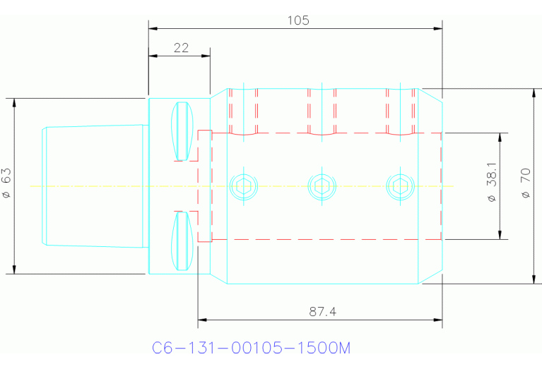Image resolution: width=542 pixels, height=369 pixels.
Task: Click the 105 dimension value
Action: (x=297, y=20)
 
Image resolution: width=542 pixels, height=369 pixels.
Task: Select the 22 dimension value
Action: (x=181, y=47)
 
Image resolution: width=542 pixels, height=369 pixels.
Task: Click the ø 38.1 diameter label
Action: (x=492, y=185)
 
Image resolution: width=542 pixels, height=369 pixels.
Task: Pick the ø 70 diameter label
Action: (x=524, y=185)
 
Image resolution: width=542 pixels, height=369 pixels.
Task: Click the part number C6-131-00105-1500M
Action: (x=252, y=348)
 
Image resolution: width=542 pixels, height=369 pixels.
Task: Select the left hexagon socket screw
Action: (x=245, y=186)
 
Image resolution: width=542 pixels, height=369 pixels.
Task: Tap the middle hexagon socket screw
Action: (x=322, y=186)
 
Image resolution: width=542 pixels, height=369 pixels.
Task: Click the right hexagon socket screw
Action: (x=400, y=186)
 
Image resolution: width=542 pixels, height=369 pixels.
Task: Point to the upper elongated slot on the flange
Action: (x=183, y=131)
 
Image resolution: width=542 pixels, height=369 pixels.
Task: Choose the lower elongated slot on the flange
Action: (x=183, y=241)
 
